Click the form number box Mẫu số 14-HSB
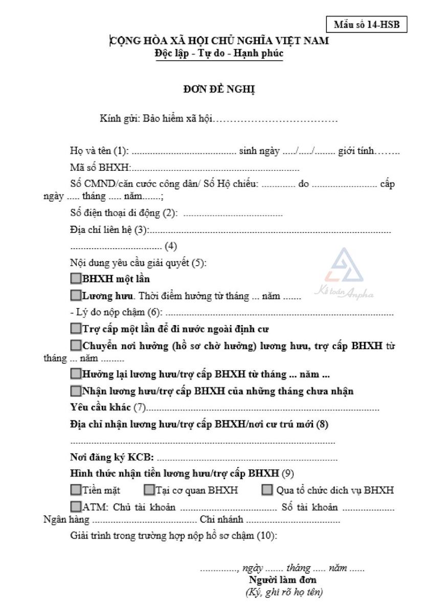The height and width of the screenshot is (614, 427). click(x=366, y=25)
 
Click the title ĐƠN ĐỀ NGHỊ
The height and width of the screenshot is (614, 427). click(x=219, y=89)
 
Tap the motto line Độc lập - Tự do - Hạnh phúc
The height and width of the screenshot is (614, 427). click(x=219, y=53)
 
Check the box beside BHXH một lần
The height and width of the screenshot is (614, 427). click(x=76, y=279)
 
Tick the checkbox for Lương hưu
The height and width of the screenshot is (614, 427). click(x=76, y=295)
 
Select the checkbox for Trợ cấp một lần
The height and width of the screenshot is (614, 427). click(x=76, y=328)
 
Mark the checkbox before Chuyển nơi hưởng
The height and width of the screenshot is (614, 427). click(x=76, y=346)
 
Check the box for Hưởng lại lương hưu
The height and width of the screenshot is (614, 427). click(x=76, y=374)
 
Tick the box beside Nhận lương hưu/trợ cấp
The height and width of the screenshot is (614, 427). click(x=76, y=391)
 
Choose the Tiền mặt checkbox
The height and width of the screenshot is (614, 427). click(x=76, y=490)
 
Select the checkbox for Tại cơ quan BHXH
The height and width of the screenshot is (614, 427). click(x=149, y=490)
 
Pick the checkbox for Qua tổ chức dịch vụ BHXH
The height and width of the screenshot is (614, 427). click(x=267, y=490)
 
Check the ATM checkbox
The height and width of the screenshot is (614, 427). click(x=76, y=507)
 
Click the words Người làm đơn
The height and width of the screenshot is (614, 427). click(x=282, y=580)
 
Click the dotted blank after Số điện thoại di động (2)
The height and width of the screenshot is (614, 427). click(x=233, y=214)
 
